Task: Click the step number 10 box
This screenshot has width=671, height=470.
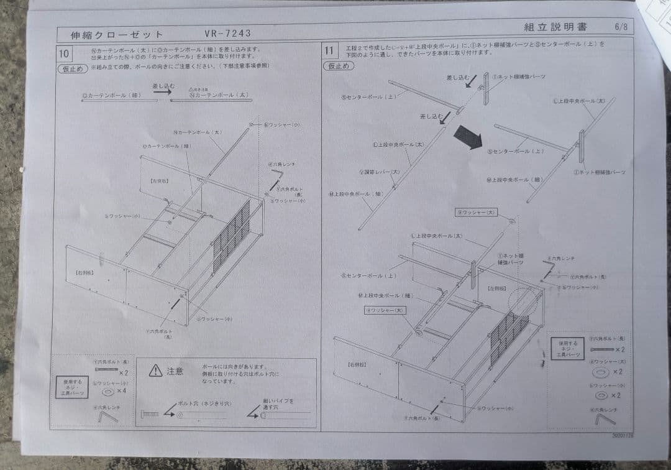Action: click(x=64, y=53)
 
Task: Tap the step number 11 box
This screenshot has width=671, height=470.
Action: click(x=329, y=50)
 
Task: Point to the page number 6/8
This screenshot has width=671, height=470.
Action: click(x=621, y=27)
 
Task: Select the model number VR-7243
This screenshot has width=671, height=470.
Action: click(x=227, y=34)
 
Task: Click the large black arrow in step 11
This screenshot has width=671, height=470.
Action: click(x=468, y=137)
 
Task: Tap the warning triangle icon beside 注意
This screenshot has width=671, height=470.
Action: click(x=155, y=371)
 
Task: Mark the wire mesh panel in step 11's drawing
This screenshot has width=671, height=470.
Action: click(x=508, y=338)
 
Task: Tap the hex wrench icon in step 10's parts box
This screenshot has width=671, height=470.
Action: click(x=107, y=416)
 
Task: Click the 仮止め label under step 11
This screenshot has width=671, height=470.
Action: click(x=337, y=66)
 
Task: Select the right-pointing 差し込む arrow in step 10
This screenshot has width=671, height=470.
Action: click(x=162, y=91)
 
